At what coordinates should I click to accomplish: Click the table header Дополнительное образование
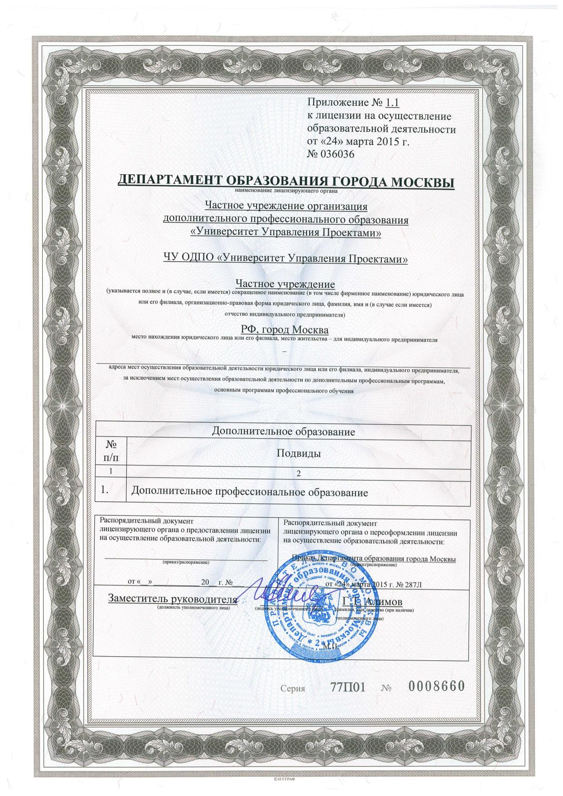[x=283, y=431]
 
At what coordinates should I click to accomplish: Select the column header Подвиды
[x=299, y=453]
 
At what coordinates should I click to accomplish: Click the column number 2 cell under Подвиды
[x=298, y=473]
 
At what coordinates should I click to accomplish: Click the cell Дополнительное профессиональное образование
[x=249, y=492]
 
